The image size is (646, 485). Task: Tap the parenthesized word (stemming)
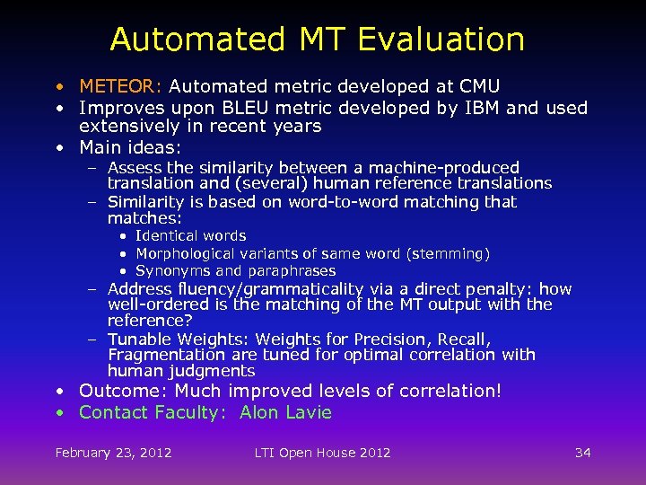point(448,254)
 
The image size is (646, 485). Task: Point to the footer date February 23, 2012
point(113,453)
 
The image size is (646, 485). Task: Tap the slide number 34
point(583,453)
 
